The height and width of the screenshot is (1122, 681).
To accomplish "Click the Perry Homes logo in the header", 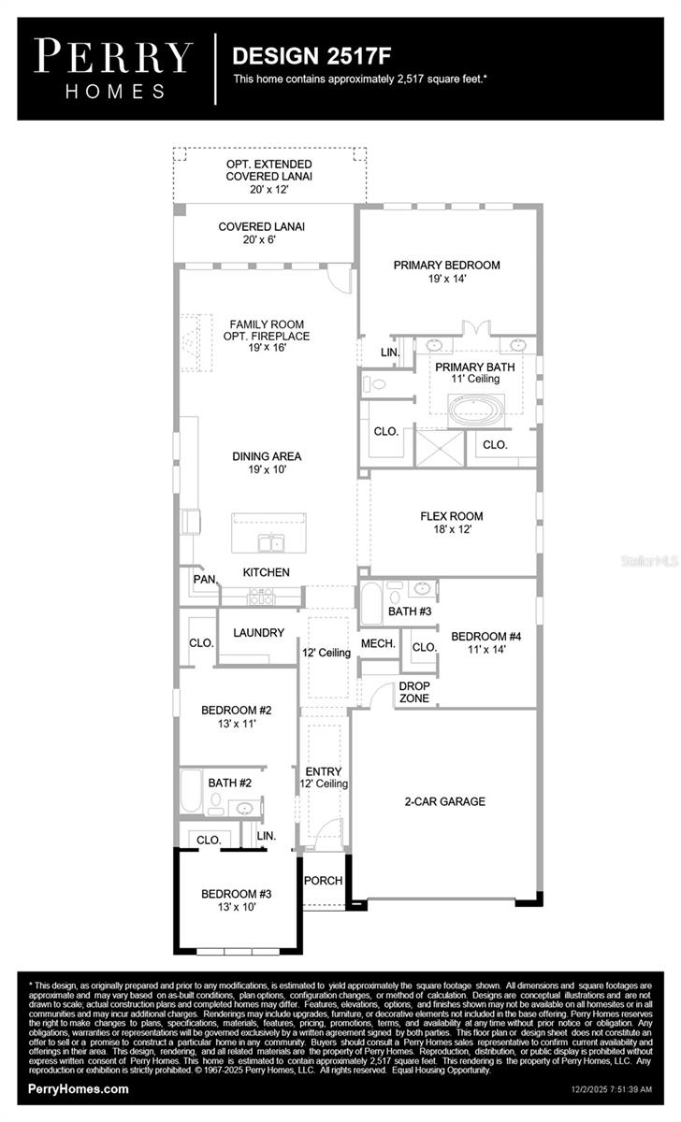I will (x=113, y=67).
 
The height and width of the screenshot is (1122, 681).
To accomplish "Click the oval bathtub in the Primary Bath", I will (x=475, y=409).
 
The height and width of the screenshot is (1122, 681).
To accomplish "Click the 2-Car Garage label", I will (x=444, y=801).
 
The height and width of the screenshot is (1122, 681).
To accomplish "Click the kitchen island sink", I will (x=272, y=542).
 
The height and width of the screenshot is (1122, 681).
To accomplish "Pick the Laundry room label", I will (x=258, y=633).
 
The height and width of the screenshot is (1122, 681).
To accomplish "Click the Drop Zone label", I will (x=414, y=692).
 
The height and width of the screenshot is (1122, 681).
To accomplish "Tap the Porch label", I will (x=324, y=881).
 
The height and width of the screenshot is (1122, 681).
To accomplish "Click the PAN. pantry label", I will (x=204, y=580).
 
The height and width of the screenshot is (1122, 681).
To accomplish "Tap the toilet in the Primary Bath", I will (x=374, y=383).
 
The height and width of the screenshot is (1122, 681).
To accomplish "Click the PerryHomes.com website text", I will (x=79, y=1088).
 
